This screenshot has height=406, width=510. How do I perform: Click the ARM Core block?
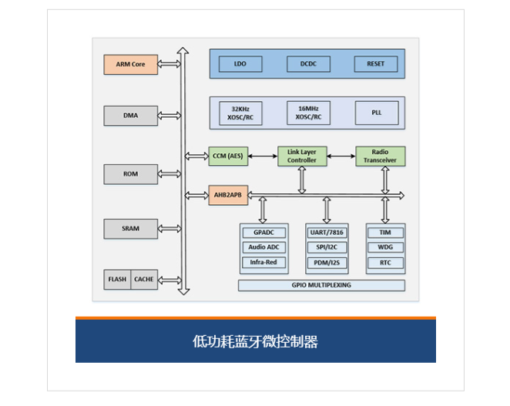[131, 65]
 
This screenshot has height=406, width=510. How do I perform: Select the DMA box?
[131, 116]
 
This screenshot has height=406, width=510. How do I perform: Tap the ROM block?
[131, 174]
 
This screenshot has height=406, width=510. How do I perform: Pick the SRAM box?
[131, 229]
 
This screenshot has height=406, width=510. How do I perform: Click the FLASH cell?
[117, 280]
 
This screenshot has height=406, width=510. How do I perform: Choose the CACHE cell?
[144, 280]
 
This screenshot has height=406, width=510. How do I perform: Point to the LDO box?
[240, 64]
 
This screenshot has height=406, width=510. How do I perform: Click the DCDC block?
[308, 64]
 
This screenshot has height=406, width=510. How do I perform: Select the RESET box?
[376, 64]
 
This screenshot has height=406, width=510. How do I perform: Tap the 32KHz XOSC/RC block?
[240, 113]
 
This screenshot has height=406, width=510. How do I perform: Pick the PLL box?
[377, 112]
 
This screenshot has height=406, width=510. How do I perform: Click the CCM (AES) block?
[228, 156]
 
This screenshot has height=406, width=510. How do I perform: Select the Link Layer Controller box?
[302, 156]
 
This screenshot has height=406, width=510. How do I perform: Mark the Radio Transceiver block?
[381, 156]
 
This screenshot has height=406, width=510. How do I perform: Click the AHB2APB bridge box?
[228, 195]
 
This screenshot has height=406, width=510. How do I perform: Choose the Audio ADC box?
[263, 247]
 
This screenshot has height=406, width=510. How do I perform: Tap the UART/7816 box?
[327, 233]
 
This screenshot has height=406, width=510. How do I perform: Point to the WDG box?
[385, 247]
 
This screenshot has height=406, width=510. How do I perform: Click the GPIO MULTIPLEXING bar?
[321, 285]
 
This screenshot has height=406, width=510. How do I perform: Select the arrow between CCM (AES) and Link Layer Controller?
[263, 156]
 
